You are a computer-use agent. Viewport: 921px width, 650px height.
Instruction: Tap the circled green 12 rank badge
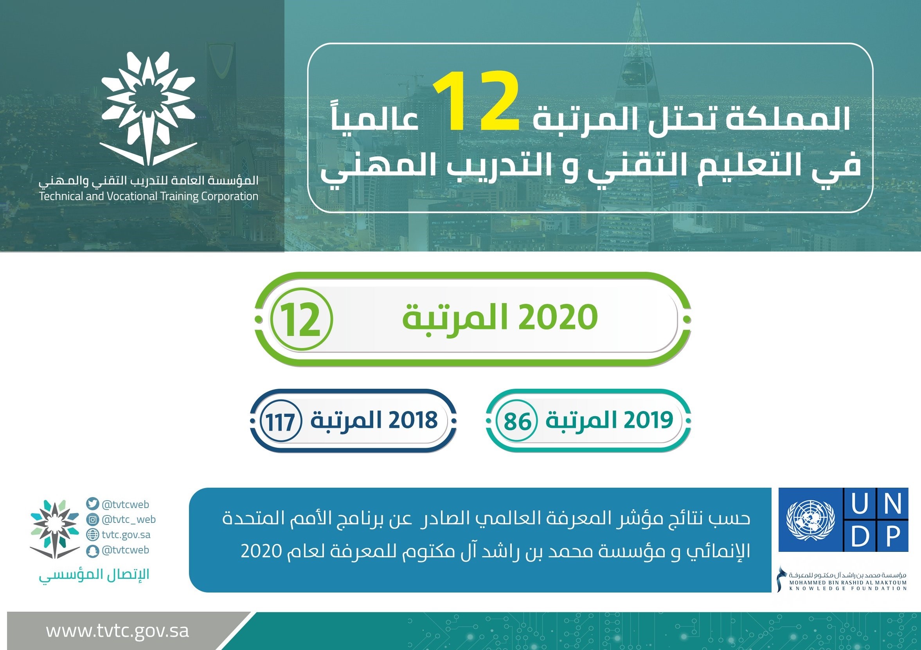(301, 319)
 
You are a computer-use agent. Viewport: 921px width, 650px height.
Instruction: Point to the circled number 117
(281, 422)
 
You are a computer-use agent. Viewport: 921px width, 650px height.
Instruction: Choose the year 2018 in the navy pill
(413, 420)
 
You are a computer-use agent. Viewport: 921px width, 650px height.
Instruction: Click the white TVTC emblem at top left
(148, 109)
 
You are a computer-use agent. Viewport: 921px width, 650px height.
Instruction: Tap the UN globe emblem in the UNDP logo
(810, 520)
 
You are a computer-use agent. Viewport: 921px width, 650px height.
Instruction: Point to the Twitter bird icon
(92, 504)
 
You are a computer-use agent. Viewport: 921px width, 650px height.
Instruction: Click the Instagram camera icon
(92, 520)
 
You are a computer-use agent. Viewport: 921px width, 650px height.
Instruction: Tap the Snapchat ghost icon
(92, 551)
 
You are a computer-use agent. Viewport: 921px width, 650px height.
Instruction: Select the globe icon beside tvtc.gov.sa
(92, 535)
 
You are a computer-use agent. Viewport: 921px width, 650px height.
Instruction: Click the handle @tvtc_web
(129, 520)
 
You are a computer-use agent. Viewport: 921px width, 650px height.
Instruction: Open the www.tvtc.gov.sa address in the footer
(117, 630)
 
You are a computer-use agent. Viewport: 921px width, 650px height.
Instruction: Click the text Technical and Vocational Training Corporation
(148, 196)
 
